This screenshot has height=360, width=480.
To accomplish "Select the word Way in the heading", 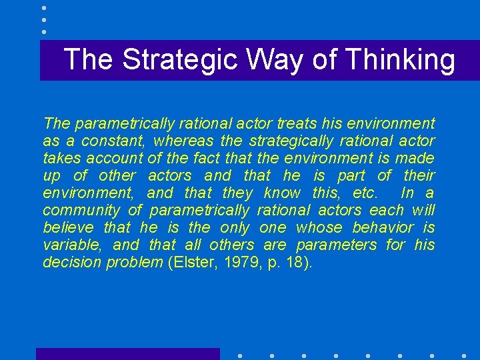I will [x=275, y=60].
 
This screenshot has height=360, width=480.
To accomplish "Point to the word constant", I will [x=114, y=141].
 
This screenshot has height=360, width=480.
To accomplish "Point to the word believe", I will [x=69, y=228].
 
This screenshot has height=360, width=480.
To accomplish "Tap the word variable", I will [x=69, y=245].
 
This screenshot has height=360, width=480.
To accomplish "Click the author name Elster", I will [x=191, y=263].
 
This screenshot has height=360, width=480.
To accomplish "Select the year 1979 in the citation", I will [x=237, y=263].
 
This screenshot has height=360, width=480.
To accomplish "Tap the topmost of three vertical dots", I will [x=44, y=8].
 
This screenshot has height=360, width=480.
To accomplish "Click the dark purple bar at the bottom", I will [x=127, y=354].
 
